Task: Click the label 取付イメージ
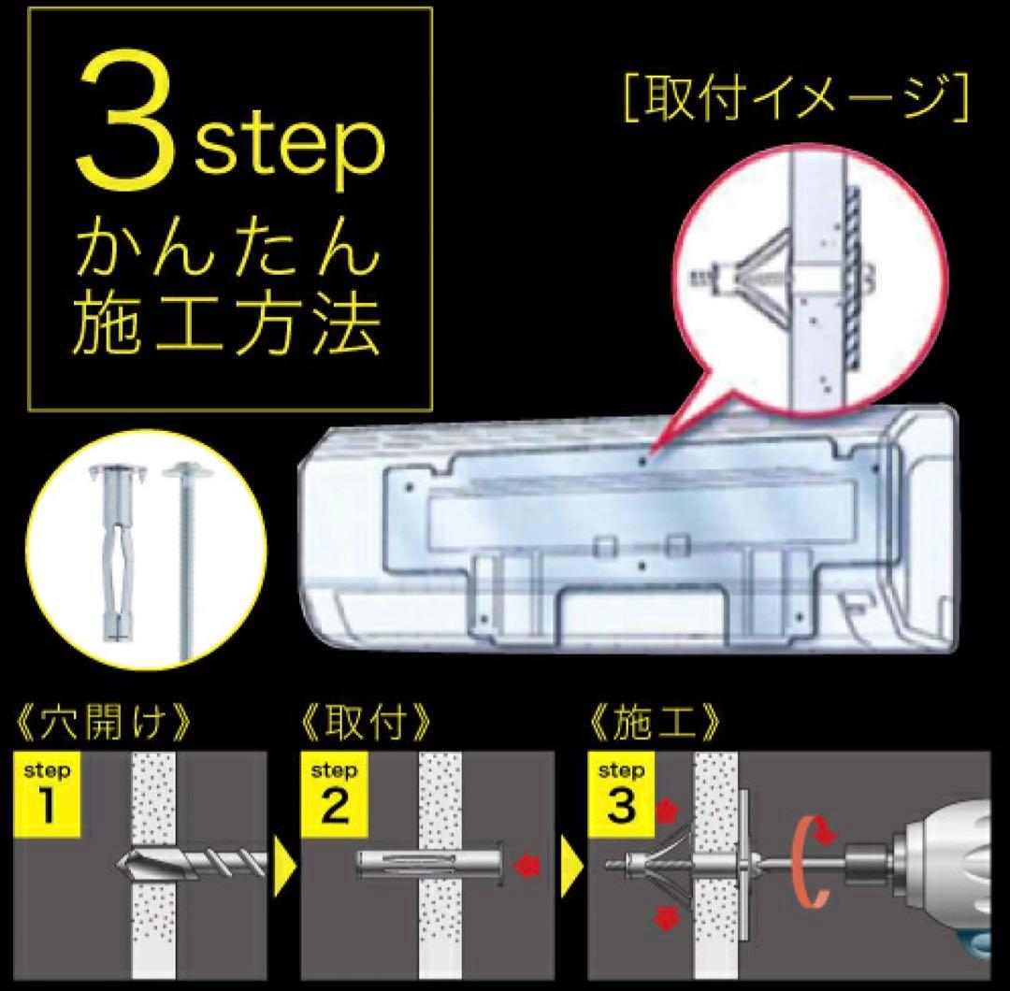click(x=793, y=97)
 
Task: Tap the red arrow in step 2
click(x=530, y=866)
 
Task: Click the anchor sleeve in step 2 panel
click(x=430, y=866)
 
